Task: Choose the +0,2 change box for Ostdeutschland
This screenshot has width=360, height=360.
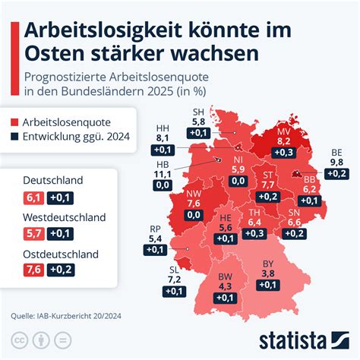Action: [x=61, y=269]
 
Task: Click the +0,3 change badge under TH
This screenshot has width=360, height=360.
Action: [x=254, y=233]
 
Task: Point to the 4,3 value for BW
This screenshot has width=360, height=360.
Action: [x=224, y=287]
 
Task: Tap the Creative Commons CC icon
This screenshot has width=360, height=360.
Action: [x=18, y=339]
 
